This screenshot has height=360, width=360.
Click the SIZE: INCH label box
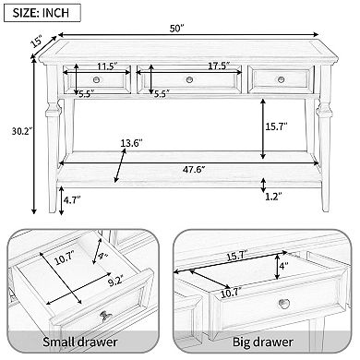42,13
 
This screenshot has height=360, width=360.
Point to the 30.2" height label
22,131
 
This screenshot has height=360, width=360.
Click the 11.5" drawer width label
108,66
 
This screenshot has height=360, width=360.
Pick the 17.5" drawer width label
219,66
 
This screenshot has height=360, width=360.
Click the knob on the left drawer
97,79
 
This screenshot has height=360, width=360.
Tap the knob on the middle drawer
189,80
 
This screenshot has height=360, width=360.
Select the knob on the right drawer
281,79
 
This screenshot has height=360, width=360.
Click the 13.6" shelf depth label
132,143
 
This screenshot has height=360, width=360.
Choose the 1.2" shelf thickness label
273,197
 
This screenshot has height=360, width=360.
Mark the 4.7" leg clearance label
72,200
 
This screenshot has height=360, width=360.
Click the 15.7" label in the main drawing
276,126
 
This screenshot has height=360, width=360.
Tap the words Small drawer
80,342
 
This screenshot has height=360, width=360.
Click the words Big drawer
262,342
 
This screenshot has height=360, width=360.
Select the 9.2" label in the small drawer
115,282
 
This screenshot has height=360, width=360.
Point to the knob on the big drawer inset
283,304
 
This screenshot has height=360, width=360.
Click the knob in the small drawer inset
105,316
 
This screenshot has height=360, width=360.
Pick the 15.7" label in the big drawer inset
237,256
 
